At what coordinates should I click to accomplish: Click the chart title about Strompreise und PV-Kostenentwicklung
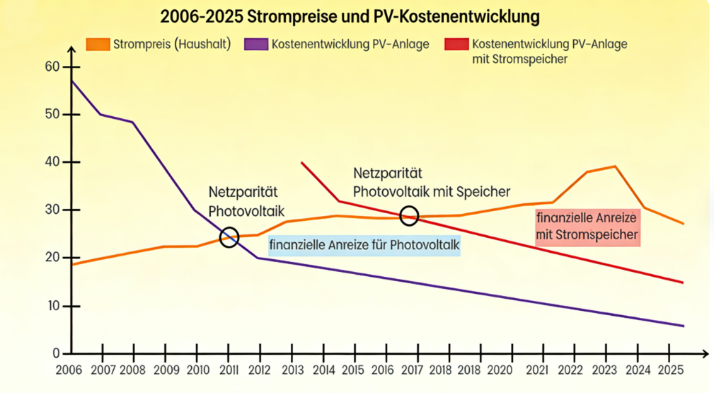coord(350,16)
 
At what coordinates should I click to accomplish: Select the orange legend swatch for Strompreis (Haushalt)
coord(98,44)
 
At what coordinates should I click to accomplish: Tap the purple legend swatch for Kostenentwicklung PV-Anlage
coord(255,44)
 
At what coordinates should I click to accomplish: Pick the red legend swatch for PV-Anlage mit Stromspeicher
coord(456,44)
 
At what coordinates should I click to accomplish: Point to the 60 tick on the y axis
coord(52,67)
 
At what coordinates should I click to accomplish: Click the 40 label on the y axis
coord(52,162)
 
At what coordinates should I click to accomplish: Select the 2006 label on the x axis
coord(69,370)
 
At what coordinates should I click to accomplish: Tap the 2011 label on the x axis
coord(229,370)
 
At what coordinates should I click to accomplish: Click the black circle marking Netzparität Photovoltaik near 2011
coord(229,237)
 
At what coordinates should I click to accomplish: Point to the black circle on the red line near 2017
coord(409,215)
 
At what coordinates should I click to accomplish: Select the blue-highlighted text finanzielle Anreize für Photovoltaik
coord(364,246)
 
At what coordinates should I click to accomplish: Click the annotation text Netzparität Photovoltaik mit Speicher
coord(432,182)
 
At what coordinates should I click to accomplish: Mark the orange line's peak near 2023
coord(615,166)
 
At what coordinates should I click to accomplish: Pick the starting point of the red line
coord(301,163)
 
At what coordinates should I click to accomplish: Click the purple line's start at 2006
coord(71,80)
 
